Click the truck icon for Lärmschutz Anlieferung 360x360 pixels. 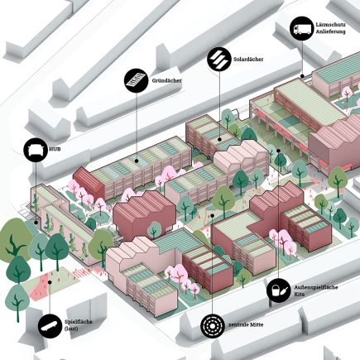coord(302,28)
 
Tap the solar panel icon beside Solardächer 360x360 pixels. coord(219,59)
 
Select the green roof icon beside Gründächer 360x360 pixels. coord(137,80)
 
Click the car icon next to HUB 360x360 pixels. coord(36,150)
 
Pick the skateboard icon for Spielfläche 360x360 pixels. coord(50,326)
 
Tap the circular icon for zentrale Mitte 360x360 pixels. coord(213,325)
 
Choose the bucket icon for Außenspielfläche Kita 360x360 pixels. coord(279,290)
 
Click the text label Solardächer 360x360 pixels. coord(248,60)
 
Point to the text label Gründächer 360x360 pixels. coord(166,81)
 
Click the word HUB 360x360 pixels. coord(55,150)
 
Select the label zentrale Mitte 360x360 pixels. coord(246,324)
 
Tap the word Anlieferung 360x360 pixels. coord(330,31)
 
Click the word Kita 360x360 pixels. coord(300,295)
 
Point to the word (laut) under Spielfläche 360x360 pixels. coord(71,329)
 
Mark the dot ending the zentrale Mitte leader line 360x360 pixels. coord(212,215)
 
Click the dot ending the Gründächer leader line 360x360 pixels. coord(137,161)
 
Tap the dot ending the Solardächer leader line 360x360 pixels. coord(219,140)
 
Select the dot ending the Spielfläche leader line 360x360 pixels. coord(50,282)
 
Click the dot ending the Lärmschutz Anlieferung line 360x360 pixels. coord(302,76)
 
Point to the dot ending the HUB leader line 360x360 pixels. coord(36,223)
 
